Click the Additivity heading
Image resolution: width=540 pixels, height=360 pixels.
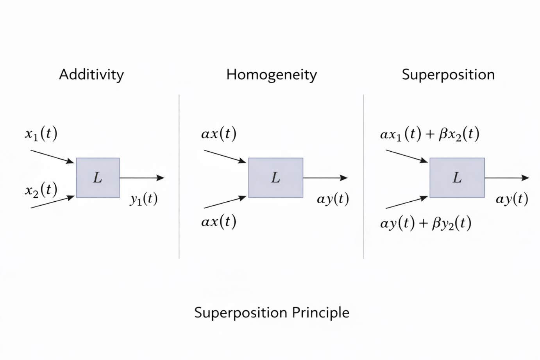(x=91, y=74)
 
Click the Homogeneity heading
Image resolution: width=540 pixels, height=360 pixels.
(x=272, y=74)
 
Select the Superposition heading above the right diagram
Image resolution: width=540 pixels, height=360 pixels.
(x=448, y=74)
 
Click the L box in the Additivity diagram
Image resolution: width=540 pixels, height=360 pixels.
(x=98, y=178)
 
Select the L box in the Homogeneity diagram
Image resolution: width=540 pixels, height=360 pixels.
(x=275, y=178)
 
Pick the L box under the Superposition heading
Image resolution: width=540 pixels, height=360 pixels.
(x=457, y=178)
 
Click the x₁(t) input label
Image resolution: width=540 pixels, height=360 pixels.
(x=41, y=134)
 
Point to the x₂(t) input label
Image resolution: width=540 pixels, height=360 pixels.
(x=41, y=190)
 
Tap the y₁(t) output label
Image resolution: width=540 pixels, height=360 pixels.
(x=143, y=199)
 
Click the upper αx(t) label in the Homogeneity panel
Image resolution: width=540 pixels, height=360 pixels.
(x=218, y=134)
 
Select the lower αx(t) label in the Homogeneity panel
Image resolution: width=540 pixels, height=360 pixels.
(x=218, y=222)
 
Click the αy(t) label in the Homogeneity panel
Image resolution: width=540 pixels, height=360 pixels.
(x=333, y=199)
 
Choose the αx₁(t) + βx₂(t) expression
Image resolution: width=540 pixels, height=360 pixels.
(x=429, y=134)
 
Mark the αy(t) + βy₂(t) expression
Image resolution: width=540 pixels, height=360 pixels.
(x=426, y=224)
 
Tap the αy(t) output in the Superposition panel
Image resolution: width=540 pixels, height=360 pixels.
(x=512, y=199)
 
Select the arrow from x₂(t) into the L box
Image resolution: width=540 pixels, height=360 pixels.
(x=52, y=202)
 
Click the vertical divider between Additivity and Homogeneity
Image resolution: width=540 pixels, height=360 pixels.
(x=179, y=176)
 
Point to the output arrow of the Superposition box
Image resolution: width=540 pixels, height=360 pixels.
(x=506, y=178)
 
